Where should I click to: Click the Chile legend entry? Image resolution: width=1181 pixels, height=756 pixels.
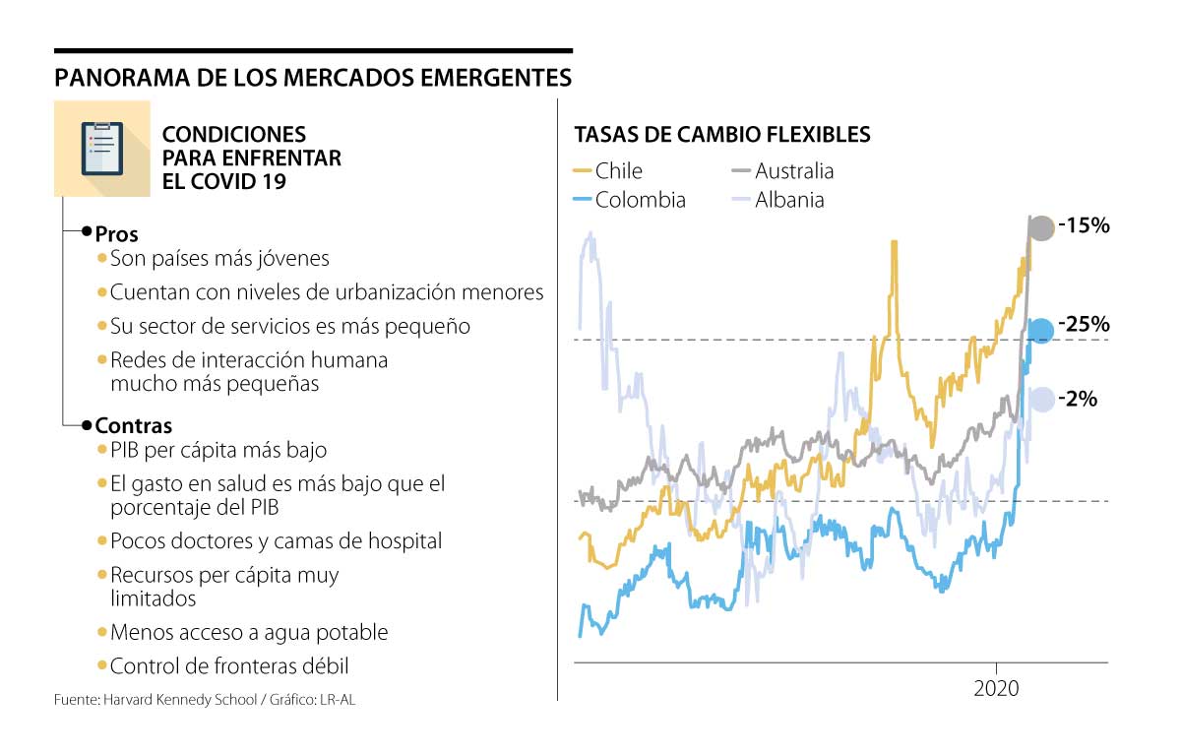coord(607,171)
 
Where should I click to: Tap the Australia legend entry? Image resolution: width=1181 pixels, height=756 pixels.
coord(783,171)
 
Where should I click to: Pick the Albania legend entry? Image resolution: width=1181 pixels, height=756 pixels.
coord(778,200)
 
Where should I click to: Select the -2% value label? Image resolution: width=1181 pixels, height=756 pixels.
coord(1079,399)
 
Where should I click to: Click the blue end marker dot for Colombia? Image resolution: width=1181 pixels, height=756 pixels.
coord(1040,331)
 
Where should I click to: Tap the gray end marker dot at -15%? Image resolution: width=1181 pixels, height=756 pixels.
coord(1040,228)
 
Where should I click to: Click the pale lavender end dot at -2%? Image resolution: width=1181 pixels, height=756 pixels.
coord(1041,399)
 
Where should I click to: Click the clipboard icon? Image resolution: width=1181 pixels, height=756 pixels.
coord(102,149)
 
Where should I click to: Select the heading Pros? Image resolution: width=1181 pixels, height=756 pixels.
coord(116,234)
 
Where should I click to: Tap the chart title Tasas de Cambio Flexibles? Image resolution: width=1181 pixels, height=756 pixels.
coord(722,135)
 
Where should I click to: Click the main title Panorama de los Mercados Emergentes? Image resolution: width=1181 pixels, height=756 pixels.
coord(313,77)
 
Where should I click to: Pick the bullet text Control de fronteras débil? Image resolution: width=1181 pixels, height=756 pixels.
coord(229,666)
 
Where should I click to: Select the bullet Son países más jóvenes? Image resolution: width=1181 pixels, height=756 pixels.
coord(219,259)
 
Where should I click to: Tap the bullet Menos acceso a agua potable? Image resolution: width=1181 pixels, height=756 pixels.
coord(249,632)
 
